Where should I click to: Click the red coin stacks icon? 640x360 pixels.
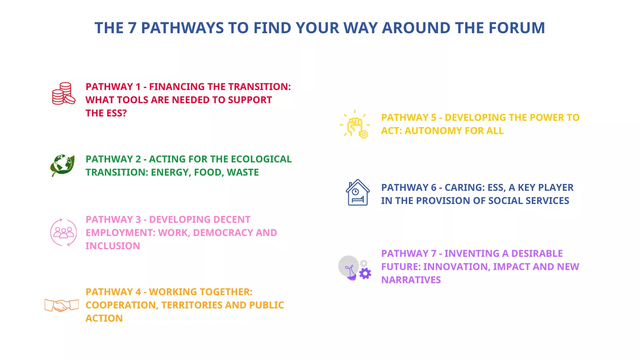(64, 94)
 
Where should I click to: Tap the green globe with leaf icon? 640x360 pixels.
(62, 166)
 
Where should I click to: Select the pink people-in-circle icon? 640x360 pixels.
(64, 232)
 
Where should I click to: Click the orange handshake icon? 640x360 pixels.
(62, 305)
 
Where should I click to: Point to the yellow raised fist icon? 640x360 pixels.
(355, 124)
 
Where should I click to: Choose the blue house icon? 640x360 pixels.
(358, 192)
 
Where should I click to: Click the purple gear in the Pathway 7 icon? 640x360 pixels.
(365, 274)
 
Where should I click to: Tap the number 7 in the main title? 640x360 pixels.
(132, 28)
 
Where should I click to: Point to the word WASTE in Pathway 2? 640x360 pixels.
(242, 172)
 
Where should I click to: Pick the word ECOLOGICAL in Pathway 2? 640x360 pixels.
(261, 159)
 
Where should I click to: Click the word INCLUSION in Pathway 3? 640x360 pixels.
(113, 246)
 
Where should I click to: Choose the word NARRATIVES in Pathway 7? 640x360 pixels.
(411, 280)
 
